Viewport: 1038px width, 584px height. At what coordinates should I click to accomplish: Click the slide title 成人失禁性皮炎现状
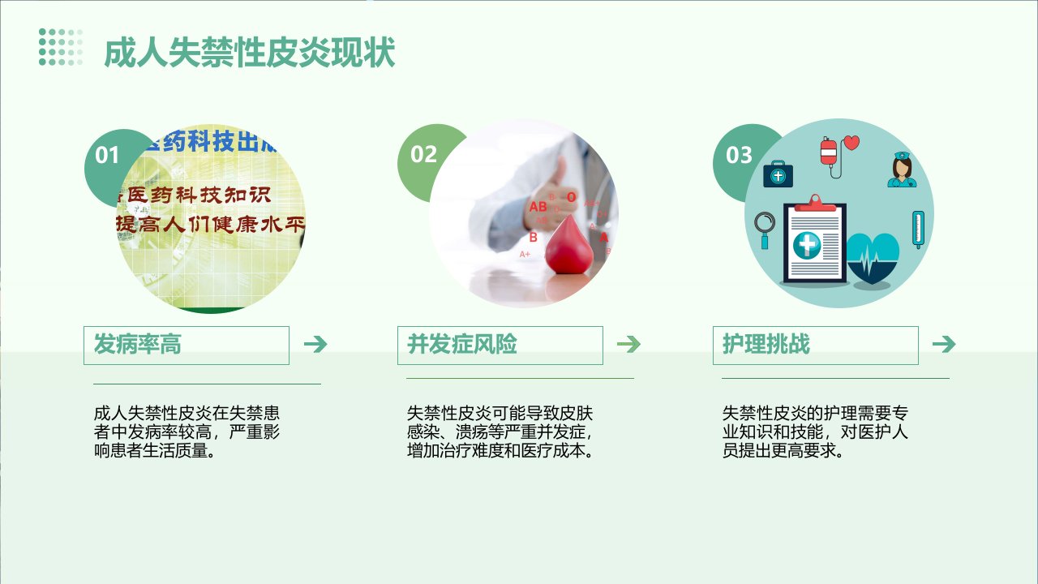pyautogui.click(x=250, y=53)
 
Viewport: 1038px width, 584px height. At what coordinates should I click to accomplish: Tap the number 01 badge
pyautogui.click(x=107, y=155)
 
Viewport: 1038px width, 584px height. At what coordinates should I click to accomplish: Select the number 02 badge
pyautogui.click(x=423, y=154)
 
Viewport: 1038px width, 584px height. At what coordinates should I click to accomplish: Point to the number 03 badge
pyautogui.click(x=739, y=155)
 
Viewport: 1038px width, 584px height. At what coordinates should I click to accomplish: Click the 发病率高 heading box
pyautogui.click(x=187, y=346)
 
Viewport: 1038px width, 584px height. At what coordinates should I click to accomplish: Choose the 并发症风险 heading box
pyautogui.click(x=500, y=346)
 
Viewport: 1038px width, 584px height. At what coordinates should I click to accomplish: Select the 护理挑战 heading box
pyautogui.click(x=816, y=346)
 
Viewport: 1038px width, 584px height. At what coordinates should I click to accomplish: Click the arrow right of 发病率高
pyautogui.click(x=315, y=345)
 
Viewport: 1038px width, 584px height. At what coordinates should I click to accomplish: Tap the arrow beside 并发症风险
pyautogui.click(x=628, y=345)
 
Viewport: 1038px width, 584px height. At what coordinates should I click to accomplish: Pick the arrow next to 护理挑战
pyautogui.click(x=945, y=345)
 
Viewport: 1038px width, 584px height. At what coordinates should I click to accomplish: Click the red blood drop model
pyautogui.click(x=569, y=245)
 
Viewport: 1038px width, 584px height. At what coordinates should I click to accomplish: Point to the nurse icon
pyautogui.click(x=902, y=170)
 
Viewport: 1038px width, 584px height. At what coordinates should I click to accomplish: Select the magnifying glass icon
pyautogui.click(x=764, y=230)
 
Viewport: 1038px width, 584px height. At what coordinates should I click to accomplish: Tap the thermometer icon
pyautogui.click(x=918, y=230)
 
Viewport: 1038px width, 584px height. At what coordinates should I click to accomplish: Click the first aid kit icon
pyautogui.click(x=778, y=174)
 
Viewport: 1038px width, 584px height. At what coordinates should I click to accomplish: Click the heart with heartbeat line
pyautogui.click(x=873, y=258)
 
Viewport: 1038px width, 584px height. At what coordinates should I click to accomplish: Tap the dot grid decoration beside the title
pyautogui.click(x=61, y=47)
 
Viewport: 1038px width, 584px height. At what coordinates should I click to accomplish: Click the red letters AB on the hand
pyautogui.click(x=538, y=207)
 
